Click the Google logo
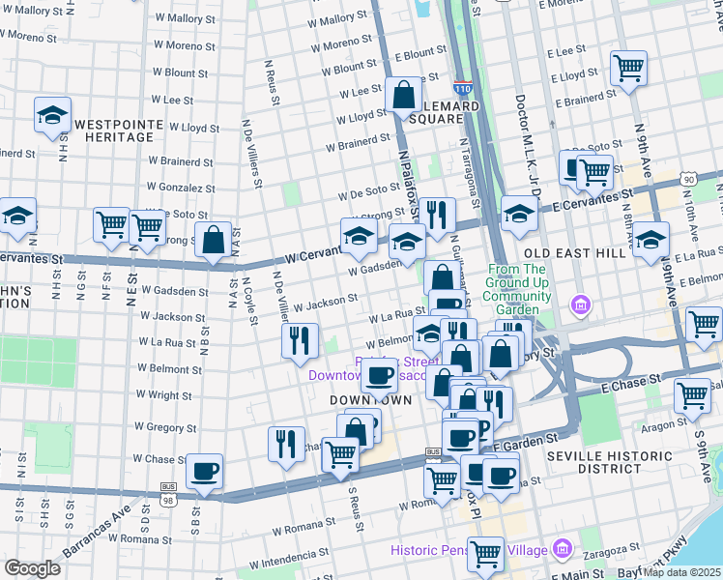(32, 568)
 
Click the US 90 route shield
(687, 180)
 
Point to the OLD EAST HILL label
(562, 252)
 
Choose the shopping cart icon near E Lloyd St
(628, 69)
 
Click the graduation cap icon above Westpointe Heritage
(52, 115)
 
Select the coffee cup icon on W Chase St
(204, 471)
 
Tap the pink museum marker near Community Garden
(580, 306)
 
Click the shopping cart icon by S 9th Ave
(694, 394)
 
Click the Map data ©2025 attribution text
(681, 571)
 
